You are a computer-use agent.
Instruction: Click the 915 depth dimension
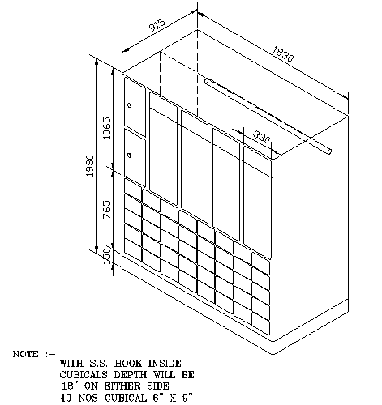coord(157,25)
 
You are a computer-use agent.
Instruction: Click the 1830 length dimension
coord(282,53)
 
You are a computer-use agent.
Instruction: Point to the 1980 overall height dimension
coord(90,166)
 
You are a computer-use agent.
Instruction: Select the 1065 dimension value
coord(107,128)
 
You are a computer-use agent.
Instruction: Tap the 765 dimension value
coord(107,210)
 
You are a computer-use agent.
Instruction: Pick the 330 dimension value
coord(261,137)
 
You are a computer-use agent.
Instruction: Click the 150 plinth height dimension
coord(107,255)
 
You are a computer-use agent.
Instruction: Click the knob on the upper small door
coord(130,105)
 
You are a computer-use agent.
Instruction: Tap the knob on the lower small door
coord(130,156)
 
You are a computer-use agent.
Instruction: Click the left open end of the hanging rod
coord(207,81)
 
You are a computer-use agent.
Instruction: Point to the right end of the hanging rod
coord(329,151)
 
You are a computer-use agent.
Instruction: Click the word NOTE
coord(26,354)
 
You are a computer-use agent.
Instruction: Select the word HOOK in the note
coord(128,364)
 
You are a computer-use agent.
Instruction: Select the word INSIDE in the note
coord(165,364)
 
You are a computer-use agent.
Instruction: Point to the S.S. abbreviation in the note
coord(98,364)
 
